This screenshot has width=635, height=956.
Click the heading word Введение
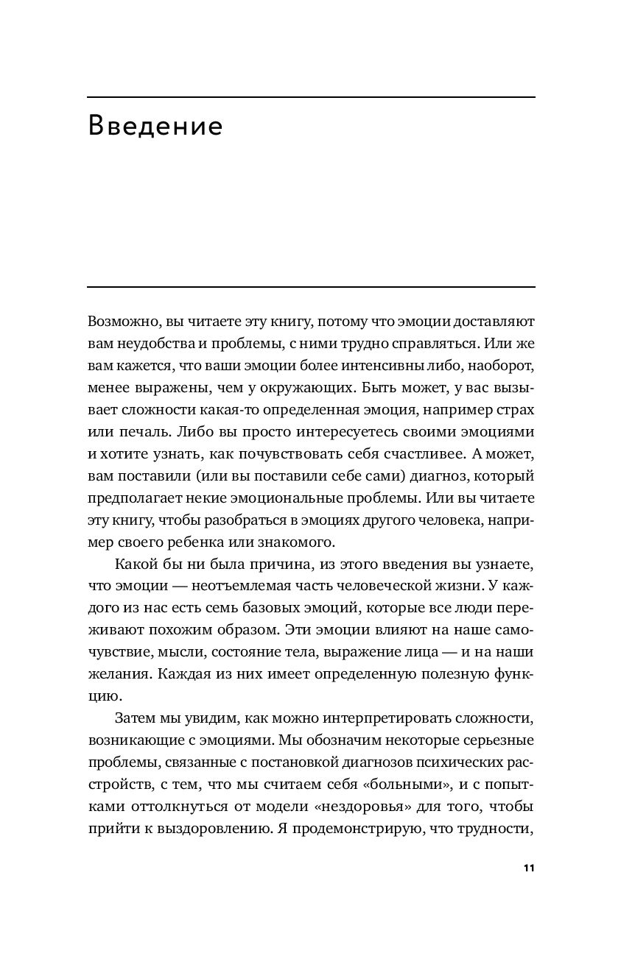pyautogui.click(x=155, y=127)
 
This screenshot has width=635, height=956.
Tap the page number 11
pyautogui.click(x=528, y=868)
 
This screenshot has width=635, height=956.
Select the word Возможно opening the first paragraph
pyautogui.click(x=121, y=322)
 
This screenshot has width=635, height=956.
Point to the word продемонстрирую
pyautogui.click(x=356, y=830)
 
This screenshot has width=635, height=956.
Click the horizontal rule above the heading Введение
pyautogui.click(x=311, y=97)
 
